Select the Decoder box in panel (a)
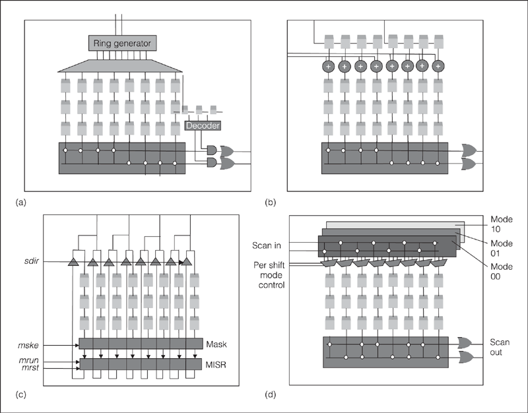click(202, 126)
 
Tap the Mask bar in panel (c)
click(141, 344)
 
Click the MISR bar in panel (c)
click(141, 364)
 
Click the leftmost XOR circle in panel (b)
click(328, 67)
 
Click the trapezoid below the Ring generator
click(121, 65)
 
